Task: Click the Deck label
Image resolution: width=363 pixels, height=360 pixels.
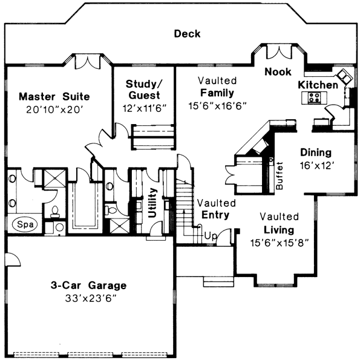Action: tap(187, 34)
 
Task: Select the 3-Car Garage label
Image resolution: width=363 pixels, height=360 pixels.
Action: tap(88, 286)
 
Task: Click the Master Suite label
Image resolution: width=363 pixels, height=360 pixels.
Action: tap(54, 96)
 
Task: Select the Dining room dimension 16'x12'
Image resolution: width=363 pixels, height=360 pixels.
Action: tap(314, 165)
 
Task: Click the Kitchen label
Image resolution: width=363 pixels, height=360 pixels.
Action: tap(318, 85)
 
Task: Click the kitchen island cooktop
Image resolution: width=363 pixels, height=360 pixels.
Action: tap(315, 98)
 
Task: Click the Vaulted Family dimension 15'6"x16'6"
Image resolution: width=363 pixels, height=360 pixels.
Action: tap(218, 105)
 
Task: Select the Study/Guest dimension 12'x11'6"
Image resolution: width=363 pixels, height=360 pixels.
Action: tap(144, 107)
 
